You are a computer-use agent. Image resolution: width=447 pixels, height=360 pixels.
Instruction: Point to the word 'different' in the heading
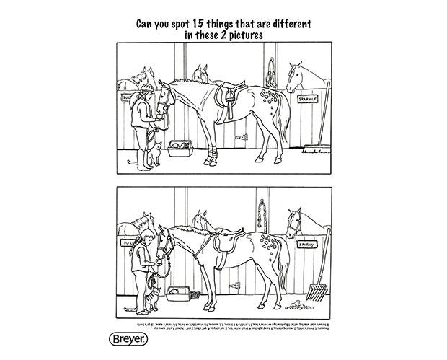tap(282, 23)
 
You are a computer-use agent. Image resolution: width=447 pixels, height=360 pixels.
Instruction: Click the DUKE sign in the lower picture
tap(130, 244)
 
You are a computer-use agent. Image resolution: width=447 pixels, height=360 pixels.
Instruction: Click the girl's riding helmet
tap(148, 89)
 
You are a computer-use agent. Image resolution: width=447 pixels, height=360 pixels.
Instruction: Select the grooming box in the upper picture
tap(178, 149)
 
